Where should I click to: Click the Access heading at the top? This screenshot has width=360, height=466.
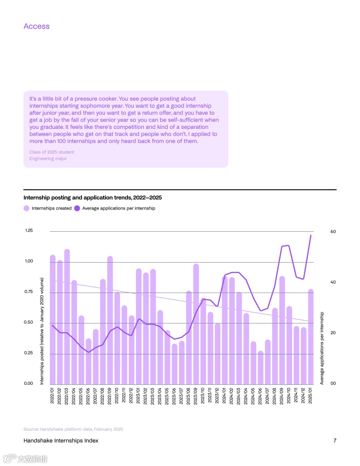(37, 26)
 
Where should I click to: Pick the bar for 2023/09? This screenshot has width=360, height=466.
(196, 324)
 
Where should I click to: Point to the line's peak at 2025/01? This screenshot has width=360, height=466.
(311, 235)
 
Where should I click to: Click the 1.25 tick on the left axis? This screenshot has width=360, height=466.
(29, 230)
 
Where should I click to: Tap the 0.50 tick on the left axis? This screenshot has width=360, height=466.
(29, 323)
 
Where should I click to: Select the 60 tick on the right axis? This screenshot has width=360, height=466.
(333, 232)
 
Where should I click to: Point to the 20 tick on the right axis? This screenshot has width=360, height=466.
(333, 333)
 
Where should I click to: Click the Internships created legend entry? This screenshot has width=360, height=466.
(48, 208)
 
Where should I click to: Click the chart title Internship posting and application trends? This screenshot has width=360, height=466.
(95, 197)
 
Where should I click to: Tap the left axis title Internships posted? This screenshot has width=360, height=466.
(42, 331)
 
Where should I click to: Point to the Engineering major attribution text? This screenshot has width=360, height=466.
(48, 158)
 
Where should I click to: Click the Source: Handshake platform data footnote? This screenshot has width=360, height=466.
(73, 429)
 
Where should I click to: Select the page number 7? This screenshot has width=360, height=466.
(335, 441)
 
